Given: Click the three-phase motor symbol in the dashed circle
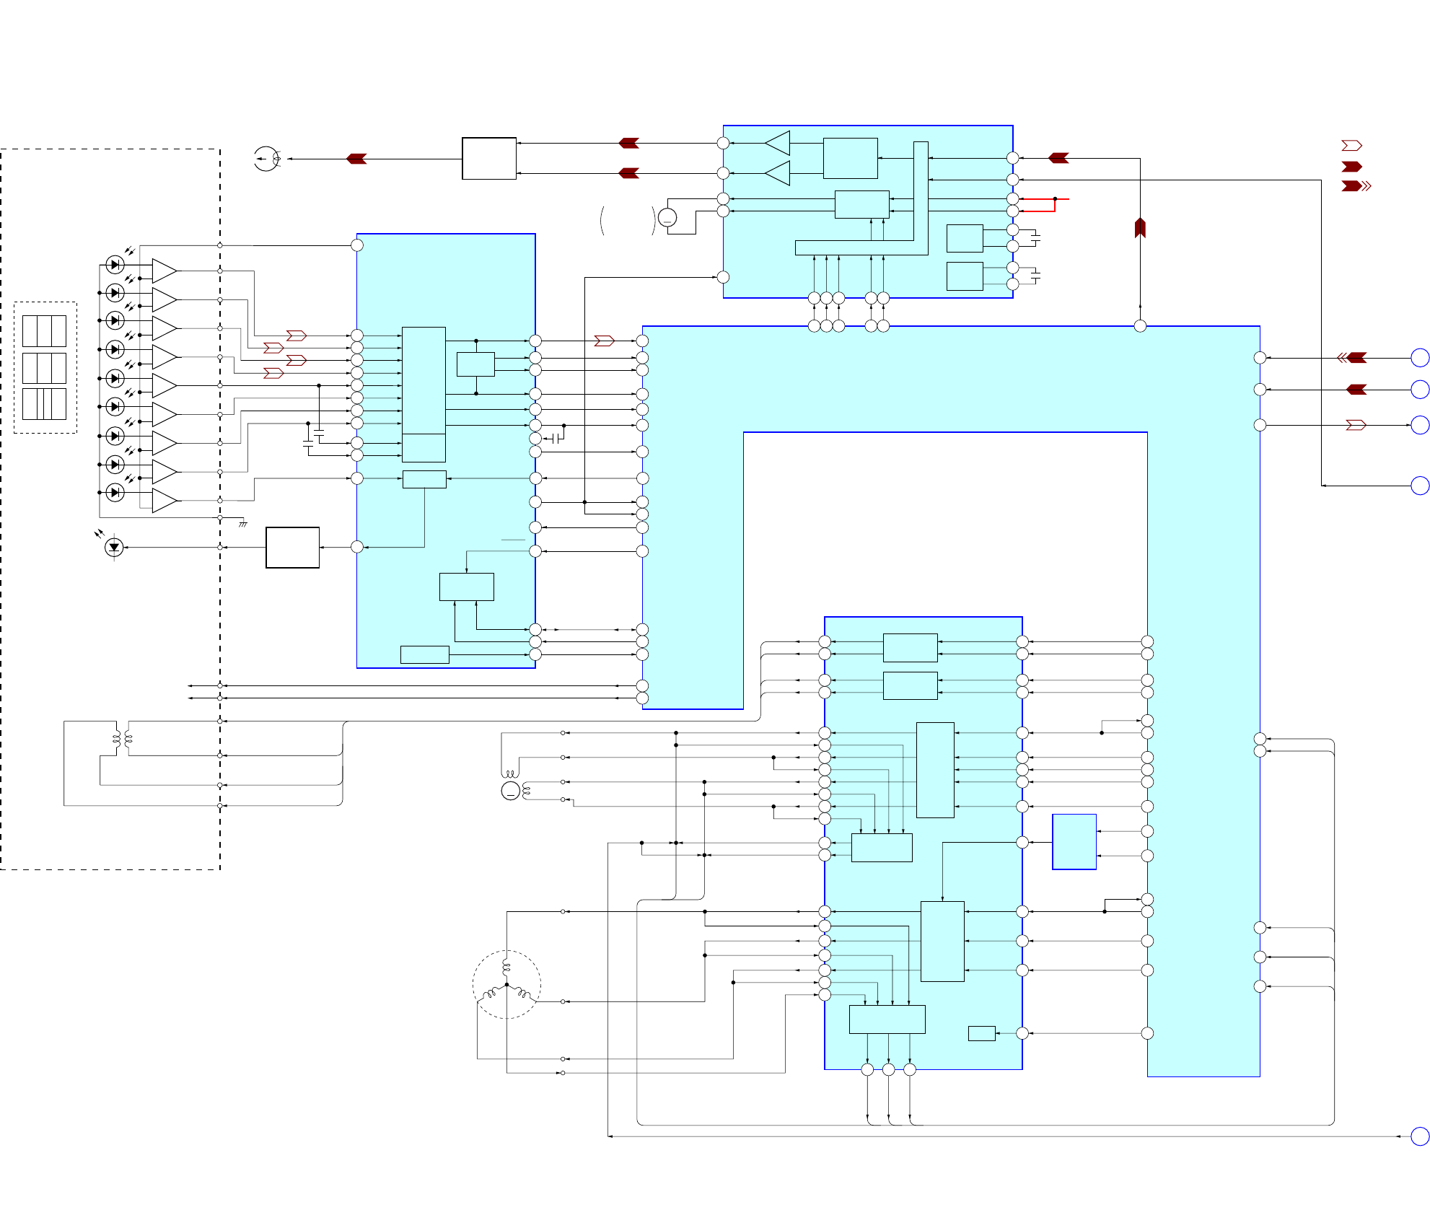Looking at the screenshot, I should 506,984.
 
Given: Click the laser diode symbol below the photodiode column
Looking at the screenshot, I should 114,547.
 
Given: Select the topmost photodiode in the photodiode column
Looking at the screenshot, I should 115,265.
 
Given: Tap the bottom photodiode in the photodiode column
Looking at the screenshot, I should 115,493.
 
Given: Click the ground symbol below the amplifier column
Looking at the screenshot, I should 243,524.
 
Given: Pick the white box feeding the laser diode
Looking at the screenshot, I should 292,548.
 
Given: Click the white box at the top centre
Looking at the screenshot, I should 489,158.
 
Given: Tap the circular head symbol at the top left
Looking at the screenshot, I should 266,159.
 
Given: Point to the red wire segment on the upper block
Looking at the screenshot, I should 1043,205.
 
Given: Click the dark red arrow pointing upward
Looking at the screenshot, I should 1140,227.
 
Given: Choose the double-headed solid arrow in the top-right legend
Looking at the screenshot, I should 1356,186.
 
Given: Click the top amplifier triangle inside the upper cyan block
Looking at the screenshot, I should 778,143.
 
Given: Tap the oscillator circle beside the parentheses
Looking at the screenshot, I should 667,217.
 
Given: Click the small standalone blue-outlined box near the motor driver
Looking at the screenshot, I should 1074,842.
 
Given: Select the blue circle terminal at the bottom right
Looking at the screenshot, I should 1420,1136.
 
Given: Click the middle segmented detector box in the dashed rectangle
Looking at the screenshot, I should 44,368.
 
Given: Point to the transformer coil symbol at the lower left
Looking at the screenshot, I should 122,738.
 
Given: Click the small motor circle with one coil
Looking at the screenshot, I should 511,791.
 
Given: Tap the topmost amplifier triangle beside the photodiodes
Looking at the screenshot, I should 164,271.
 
